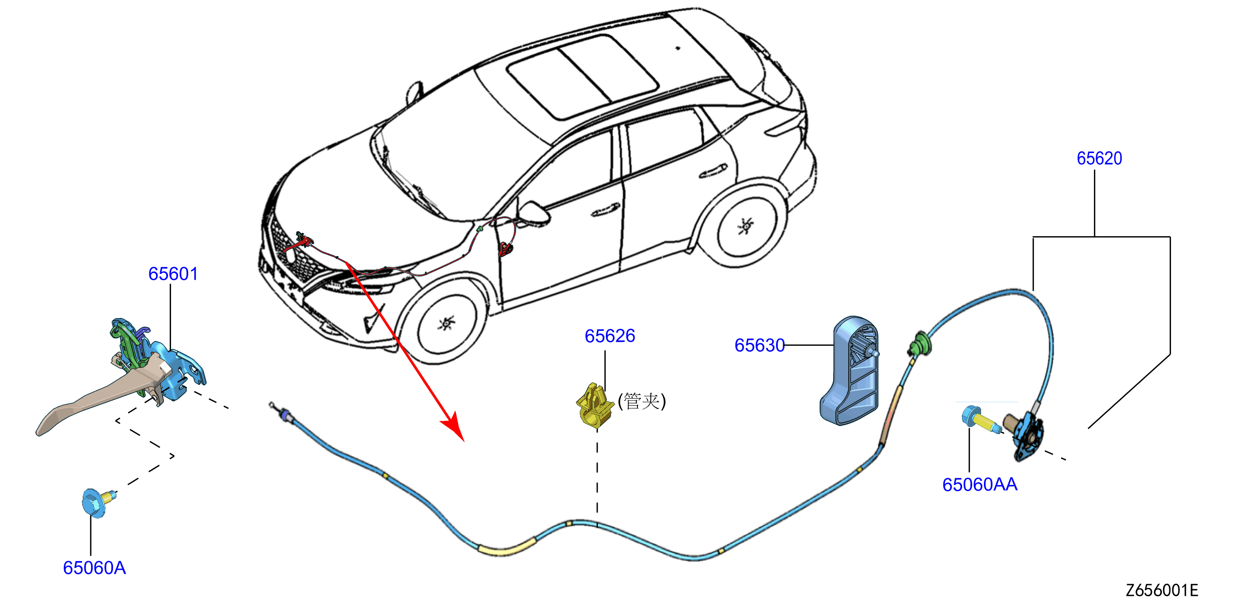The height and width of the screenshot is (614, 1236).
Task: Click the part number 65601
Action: [173, 274]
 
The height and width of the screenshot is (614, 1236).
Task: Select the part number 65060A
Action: [94, 568]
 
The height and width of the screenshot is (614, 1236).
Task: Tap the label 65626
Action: [610, 336]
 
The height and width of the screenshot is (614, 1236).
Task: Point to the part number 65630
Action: [760, 345]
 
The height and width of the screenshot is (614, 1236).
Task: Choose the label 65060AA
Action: [980, 484]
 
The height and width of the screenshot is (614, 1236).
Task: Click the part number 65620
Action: [1099, 158]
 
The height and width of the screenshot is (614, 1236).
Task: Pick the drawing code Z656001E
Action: [1162, 590]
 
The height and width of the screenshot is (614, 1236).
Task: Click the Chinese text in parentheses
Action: [642, 401]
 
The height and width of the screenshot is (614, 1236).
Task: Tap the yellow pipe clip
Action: [594, 405]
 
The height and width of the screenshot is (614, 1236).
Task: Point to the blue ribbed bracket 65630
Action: [849, 370]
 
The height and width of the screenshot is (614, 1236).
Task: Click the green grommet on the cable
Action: [919, 344]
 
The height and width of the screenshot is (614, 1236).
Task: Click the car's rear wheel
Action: [745, 225]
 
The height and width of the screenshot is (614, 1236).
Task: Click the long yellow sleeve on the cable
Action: [507, 547]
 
